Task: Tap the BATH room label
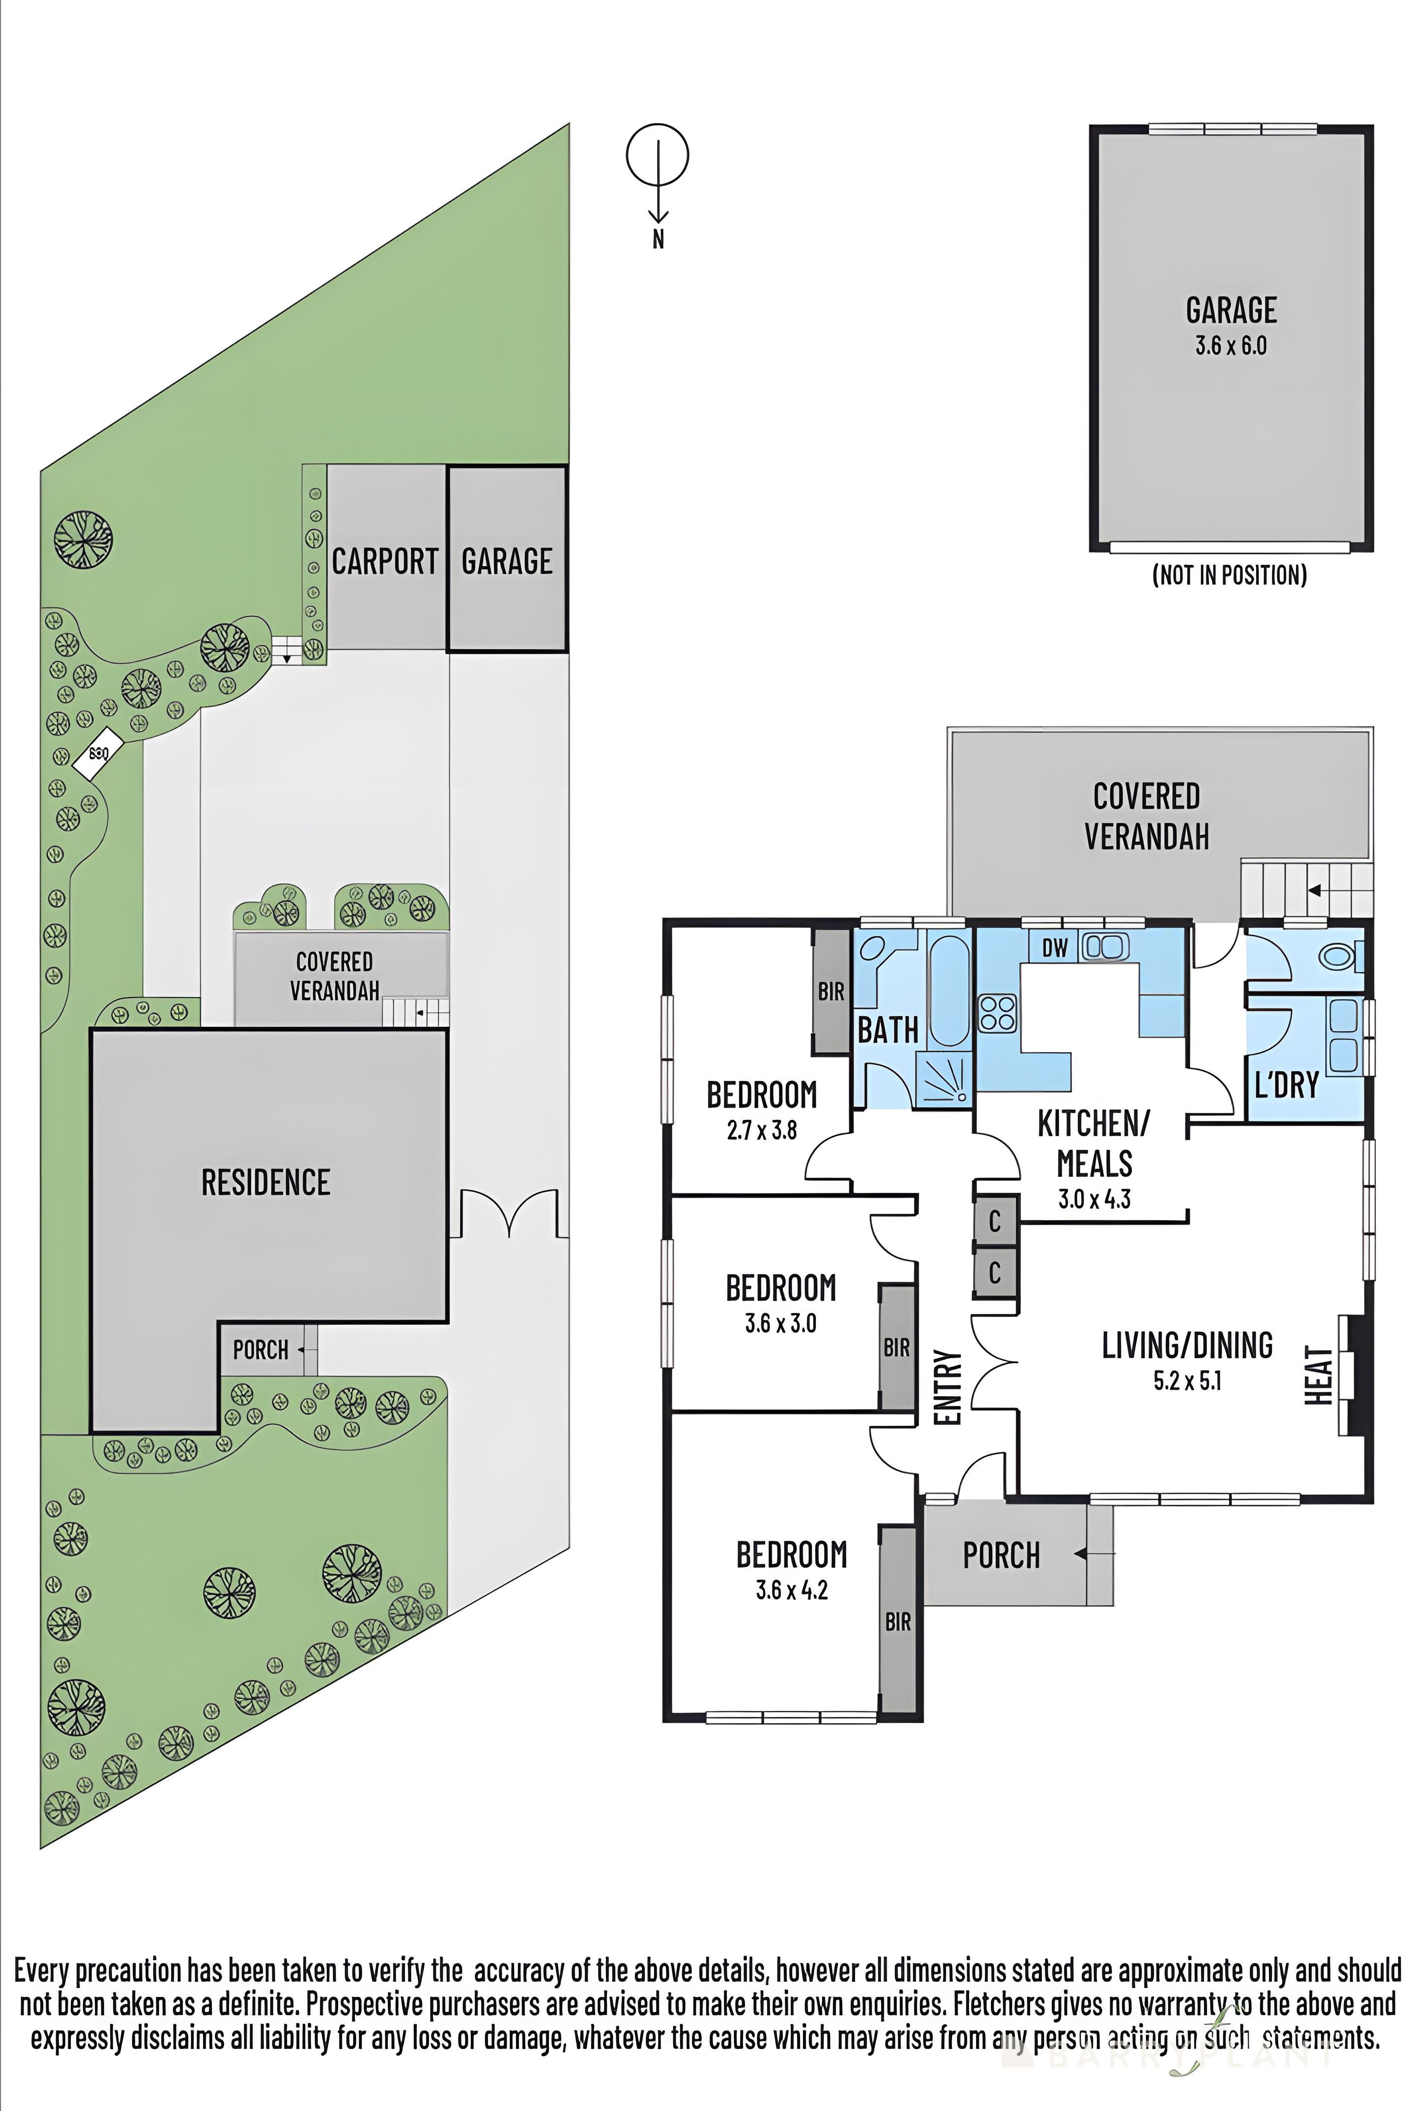pyautogui.click(x=888, y=1030)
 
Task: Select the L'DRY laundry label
pyautogui.click(x=1286, y=1085)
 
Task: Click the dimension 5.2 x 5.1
pyautogui.click(x=1186, y=1381)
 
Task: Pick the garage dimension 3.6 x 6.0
pyautogui.click(x=1230, y=346)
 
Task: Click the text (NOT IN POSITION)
pyautogui.click(x=1230, y=575)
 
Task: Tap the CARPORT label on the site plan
pyautogui.click(x=385, y=562)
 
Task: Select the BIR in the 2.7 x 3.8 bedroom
pyautogui.click(x=831, y=992)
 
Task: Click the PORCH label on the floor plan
pyautogui.click(x=1001, y=1556)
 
